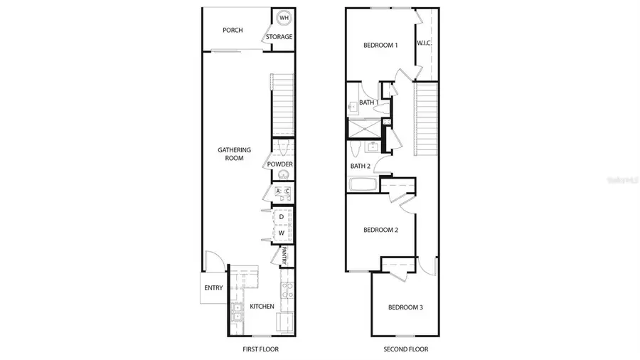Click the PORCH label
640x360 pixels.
pos(233,30)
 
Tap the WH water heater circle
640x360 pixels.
pos(283,18)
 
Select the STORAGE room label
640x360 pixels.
pos(279,37)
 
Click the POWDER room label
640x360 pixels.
pos(280,164)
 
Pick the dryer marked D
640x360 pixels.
pos(282,216)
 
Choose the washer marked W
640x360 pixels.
pos(282,233)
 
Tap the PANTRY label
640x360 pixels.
pos(283,255)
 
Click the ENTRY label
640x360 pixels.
pos(213,288)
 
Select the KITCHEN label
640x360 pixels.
pos(262,307)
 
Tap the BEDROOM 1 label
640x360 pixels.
pos(380,46)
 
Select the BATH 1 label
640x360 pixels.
pos(368,103)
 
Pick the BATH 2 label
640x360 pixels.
pos(361,166)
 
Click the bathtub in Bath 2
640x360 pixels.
pos(363,185)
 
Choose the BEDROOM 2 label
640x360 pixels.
pos(380,230)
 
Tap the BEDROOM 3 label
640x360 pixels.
pos(405,307)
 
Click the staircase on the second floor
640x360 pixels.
pos(425,117)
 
